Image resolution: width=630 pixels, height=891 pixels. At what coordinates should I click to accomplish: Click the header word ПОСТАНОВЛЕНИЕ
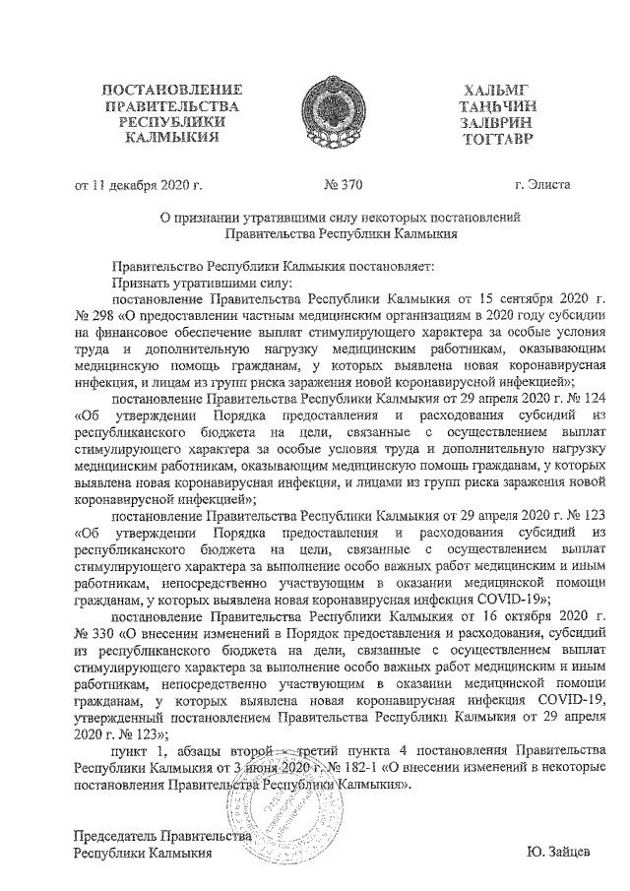coord(171,92)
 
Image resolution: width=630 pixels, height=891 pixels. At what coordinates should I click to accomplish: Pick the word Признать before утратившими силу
coord(143,281)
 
